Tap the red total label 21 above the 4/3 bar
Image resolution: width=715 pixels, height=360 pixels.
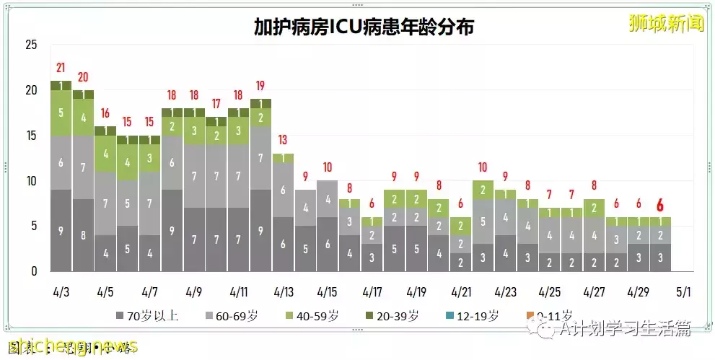click(x=61, y=69)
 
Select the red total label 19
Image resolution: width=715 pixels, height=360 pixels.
click(x=260, y=86)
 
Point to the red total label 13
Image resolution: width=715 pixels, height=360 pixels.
click(x=283, y=140)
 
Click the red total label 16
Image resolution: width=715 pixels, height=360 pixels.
click(x=105, y=113)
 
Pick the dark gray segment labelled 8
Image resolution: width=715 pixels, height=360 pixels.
click(x=83, y=234)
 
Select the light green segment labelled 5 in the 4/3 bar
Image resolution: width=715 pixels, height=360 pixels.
click(x=61, y=113)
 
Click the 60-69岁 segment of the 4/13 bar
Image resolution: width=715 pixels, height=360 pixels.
click(x=283, y=190)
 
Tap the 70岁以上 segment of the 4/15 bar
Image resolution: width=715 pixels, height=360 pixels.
click(x=327, y=245)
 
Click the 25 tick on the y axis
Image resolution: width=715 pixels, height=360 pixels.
click(x=30, y=45)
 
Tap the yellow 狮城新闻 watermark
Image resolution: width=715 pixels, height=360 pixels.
click(x=665, y=24)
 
